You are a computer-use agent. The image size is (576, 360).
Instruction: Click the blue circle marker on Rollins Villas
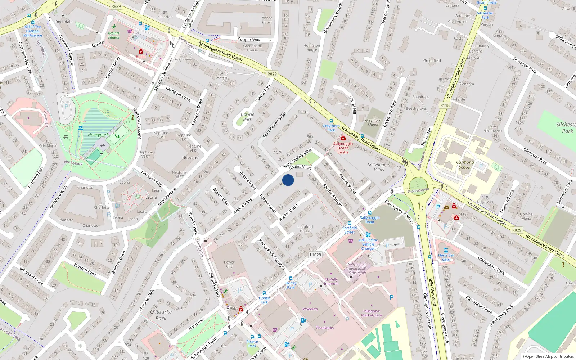pos(288,180)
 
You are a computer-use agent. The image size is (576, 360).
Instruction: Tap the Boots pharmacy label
pos(141,57)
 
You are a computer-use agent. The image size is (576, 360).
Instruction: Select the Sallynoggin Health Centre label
pos(343,148)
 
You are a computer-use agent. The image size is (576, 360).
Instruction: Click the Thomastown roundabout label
pos(418,190)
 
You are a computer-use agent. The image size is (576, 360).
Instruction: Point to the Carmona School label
pos(465,165)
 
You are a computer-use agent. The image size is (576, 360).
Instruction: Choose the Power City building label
pos(229,264)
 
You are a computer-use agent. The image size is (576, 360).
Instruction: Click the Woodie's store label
pos(310,309)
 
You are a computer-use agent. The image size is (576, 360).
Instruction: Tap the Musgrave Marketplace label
pos(372,313)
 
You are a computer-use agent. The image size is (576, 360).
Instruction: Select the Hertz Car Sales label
pos(446,257)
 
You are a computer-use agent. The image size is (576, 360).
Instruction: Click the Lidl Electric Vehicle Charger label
pos(368,244)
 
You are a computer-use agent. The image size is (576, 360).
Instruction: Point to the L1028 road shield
pos(315,255)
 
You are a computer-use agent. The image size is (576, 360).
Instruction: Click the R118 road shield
pos(445,105)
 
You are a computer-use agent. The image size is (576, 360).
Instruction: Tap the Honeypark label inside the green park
pos(98,135)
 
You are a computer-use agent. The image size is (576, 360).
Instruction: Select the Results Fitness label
pos(113,35)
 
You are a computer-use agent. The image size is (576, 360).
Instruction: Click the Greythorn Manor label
pos(373,122)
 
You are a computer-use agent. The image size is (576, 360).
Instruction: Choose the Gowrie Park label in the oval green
pos(247,117)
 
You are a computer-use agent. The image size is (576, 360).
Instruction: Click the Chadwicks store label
pos(325,328)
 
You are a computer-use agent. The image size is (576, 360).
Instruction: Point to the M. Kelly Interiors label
pos(331,282)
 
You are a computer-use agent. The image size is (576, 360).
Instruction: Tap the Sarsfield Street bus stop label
pos(349,230)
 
